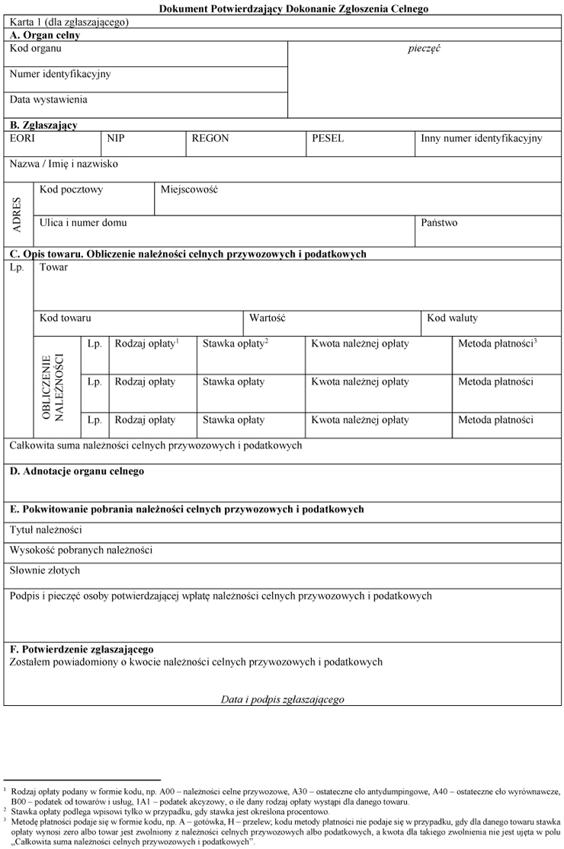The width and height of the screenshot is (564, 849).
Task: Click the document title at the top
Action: (x=293, y=9)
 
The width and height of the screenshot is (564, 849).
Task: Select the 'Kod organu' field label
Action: (x=36, y=49)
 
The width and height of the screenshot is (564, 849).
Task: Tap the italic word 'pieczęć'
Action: (x=425, y=49)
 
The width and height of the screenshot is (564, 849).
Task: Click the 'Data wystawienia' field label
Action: (x=48, y=100)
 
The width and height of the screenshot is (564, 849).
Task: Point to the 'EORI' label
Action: (x=22, y=139)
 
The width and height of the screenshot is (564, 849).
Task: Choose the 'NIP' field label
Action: (x=116, y=139)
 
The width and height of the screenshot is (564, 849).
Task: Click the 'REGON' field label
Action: (x=210, y=139)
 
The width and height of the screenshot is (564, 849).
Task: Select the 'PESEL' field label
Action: (x=328, y=139)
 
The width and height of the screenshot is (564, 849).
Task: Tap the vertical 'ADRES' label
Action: (x=18, y=214)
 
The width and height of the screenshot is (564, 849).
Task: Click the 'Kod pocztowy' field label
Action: (x=71, y=190)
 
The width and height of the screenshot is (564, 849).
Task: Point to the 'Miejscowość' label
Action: (x=189, y=190)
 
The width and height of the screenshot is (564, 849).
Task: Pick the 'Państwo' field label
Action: (x=439, y=223)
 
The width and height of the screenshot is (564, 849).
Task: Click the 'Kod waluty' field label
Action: (x=452, y=318)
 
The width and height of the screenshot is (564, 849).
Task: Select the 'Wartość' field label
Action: (x=267, y=318)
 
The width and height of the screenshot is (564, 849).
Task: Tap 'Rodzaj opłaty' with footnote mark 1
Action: (x=146, y=344)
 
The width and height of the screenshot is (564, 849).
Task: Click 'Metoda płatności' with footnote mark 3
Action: (x=497, y=344)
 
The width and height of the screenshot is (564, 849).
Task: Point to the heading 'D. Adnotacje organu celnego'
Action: (x=77, y=472)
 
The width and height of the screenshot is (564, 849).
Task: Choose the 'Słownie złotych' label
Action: (x=44, y=570)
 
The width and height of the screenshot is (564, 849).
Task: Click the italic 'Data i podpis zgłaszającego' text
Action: (x=282, y=699)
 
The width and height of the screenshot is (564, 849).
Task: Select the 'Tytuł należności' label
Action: (x=46, y=530)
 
